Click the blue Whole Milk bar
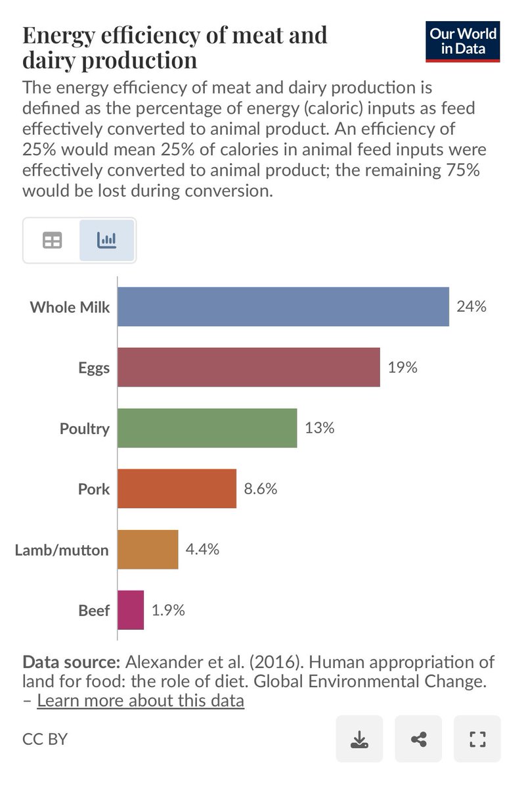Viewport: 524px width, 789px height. coord(283,306)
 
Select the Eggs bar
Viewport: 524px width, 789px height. coord(249,367)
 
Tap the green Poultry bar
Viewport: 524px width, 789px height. coord(207,428)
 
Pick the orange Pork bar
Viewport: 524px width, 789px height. coord(177,489)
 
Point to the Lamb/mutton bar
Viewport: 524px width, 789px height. coord(148,550)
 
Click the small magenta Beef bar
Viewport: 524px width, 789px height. coord(131,610)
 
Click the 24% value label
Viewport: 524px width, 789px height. coord(471,306)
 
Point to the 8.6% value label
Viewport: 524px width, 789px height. coord(261,489)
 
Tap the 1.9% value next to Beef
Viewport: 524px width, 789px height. coord(168,610)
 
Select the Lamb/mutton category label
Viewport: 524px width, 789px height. coord(62,550)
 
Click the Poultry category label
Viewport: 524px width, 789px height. coord(85,429)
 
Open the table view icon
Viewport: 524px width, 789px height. coord(52,240)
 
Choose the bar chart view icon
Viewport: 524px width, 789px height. coord(106,240)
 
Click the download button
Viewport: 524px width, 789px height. coord(359,738)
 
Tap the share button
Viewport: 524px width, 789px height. coord(418,738)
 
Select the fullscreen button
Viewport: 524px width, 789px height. coord(477,738)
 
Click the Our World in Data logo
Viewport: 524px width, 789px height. coord(463,41)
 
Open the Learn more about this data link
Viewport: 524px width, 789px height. coord(141,700)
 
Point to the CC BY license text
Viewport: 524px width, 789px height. coord(45,739)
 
